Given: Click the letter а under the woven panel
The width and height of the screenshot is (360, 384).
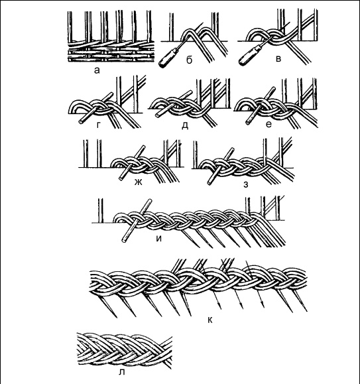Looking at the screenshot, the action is pos(97,70).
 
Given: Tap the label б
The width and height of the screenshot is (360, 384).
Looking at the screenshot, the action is pos(189,60).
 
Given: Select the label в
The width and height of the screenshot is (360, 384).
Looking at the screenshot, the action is pos(278,59).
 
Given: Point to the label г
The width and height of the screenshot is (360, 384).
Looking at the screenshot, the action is pos(98,125).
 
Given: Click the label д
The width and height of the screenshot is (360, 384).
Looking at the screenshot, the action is pos(185,125).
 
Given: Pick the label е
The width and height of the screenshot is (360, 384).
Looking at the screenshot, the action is pos(269,125).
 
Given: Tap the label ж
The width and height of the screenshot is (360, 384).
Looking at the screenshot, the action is pos(139,182).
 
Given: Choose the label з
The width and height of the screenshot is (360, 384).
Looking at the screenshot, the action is pos(246,184).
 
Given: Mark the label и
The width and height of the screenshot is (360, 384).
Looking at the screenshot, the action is pos(159,238).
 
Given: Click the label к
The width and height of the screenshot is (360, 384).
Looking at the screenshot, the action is pos(210,320).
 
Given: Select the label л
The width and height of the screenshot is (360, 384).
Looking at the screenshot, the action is pos(121,372).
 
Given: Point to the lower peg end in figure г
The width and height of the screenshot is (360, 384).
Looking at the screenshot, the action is pos(81,121).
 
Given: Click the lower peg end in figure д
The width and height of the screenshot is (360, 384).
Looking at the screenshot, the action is pos(158,115).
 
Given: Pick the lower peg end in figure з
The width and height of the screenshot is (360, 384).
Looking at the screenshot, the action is pos(210,182).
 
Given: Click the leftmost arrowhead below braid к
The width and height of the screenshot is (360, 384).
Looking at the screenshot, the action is pos(219,306).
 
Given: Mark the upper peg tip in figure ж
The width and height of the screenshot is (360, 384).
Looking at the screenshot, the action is pos(143,147).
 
